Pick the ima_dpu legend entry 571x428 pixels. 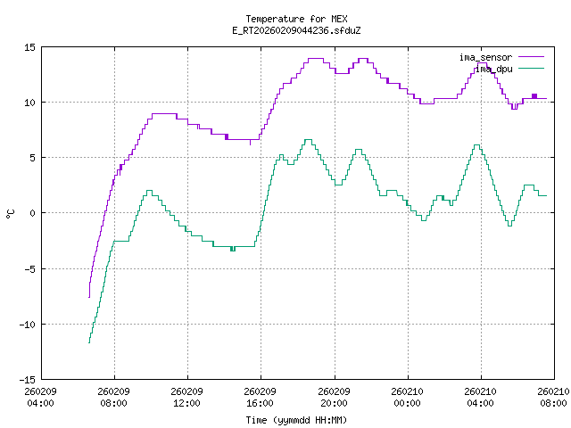click(482, 68)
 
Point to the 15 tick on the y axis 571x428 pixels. click(29, 47)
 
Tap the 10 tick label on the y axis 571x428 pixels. click(29, 103)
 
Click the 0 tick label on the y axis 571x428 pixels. click(32, 213)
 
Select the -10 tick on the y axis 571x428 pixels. click(27, 324)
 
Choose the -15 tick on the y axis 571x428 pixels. click(27, 379)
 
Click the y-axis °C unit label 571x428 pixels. click(10, 213)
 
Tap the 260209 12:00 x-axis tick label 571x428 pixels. click(187, 397)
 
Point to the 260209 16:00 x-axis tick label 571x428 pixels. click(261, 397)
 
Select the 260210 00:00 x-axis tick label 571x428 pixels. click(408, 397)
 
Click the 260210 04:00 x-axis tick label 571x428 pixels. click(481, 397)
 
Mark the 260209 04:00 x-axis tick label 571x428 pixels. click(41, 397)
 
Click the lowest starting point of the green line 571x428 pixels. click(89, 343)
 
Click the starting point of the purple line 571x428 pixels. click(89, 297)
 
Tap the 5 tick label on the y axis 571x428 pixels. click(32, 158)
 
